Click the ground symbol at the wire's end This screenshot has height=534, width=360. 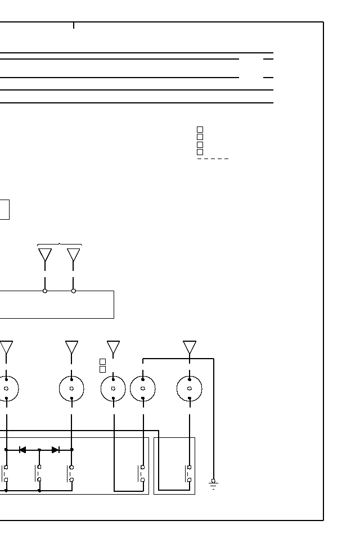click(x=213, y=483)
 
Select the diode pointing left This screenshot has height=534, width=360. click(x=22, y=450)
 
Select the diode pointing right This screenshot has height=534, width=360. click(x=55, y=450)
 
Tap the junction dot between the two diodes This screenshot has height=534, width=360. click(x=39, y=450)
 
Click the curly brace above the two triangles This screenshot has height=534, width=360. click(x=59, y=245)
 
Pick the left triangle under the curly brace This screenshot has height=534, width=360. click(x=45, y=255)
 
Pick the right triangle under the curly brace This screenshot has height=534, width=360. click(x=74, y=255)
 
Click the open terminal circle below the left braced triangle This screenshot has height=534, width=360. click(x=45, y=291)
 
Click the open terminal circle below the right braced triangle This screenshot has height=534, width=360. click(x=74, y=291)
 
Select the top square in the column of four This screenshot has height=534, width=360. click(x=200, y=129)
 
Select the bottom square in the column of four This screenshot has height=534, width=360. click(x=200, y=152)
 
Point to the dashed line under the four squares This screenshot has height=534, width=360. click(x=213, y=159)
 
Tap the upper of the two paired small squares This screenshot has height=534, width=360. click(x=102, y=361)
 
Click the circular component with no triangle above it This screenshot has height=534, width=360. click(x=143, y=388)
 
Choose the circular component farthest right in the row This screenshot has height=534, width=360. click(x=190, y=388)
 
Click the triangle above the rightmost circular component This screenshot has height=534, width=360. click(x=190, y=347)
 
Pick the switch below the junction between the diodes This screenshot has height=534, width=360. click(x=39, y=473)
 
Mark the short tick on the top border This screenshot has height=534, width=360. click(x=74, y=25)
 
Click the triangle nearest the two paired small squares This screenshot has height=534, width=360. click(x=113, y=347)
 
